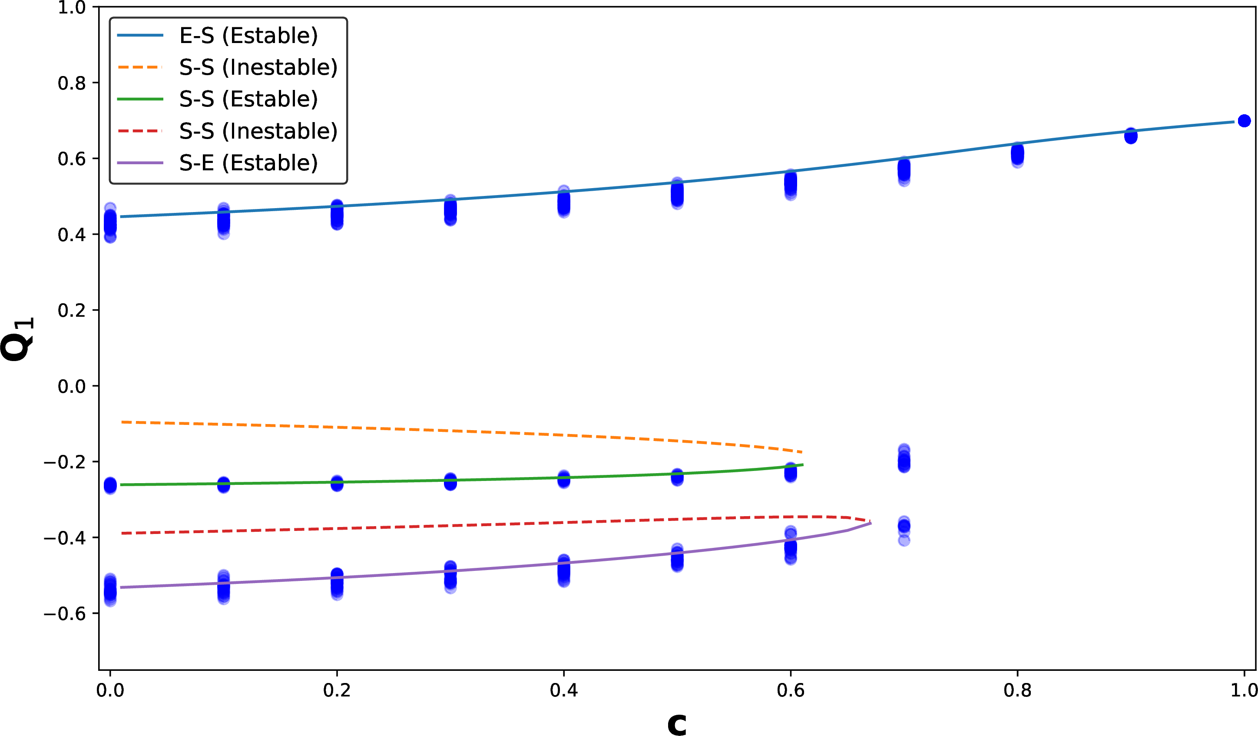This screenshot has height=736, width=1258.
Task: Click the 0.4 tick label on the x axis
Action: point(563,690)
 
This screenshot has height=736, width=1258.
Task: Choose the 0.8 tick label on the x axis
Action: point(1017,690)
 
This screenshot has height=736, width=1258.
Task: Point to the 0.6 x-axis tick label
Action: point(790,690)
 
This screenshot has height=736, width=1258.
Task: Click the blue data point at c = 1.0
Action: point(1244,121)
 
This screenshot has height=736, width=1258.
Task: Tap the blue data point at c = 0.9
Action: point(1131,135)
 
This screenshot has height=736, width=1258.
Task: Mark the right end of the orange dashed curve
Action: point(802,452)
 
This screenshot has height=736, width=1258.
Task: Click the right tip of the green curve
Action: point(803,465)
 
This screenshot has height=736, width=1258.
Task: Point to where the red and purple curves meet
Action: point(871,522)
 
